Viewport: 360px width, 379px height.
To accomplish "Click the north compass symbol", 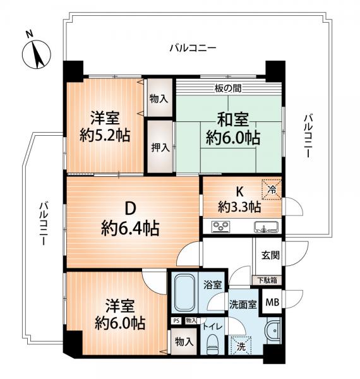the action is [x=37, y=54].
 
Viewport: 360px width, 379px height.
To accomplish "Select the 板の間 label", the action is [x=228, y=88].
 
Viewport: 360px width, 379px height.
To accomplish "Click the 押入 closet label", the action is [x=160, y=147].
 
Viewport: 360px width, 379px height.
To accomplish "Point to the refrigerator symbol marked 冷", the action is [x=272, y=189].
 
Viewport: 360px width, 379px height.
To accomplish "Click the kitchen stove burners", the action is [x=221, y=227].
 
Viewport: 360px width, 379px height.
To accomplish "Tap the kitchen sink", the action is [x=267, y=227].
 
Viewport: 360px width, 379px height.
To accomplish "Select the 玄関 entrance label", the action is [x=270, y=255].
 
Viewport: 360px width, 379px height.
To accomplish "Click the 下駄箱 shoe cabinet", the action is [x=267, y=280].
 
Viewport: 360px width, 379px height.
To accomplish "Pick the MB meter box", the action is [x=272, y=302].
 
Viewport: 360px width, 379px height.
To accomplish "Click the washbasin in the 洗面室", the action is [x=273, y=330].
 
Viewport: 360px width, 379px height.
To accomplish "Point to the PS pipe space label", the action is [x=176, y=321].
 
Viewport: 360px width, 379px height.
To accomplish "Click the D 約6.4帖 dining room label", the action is [x=130, y=219].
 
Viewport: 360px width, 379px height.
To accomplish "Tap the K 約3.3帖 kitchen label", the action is [x=239, y=200].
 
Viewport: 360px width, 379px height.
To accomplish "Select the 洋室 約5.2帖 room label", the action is [x=105, y=126].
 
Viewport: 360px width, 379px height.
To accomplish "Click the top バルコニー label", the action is [x=193, y=48].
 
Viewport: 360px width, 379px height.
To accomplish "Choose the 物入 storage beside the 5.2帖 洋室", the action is [x=159, y=99].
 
